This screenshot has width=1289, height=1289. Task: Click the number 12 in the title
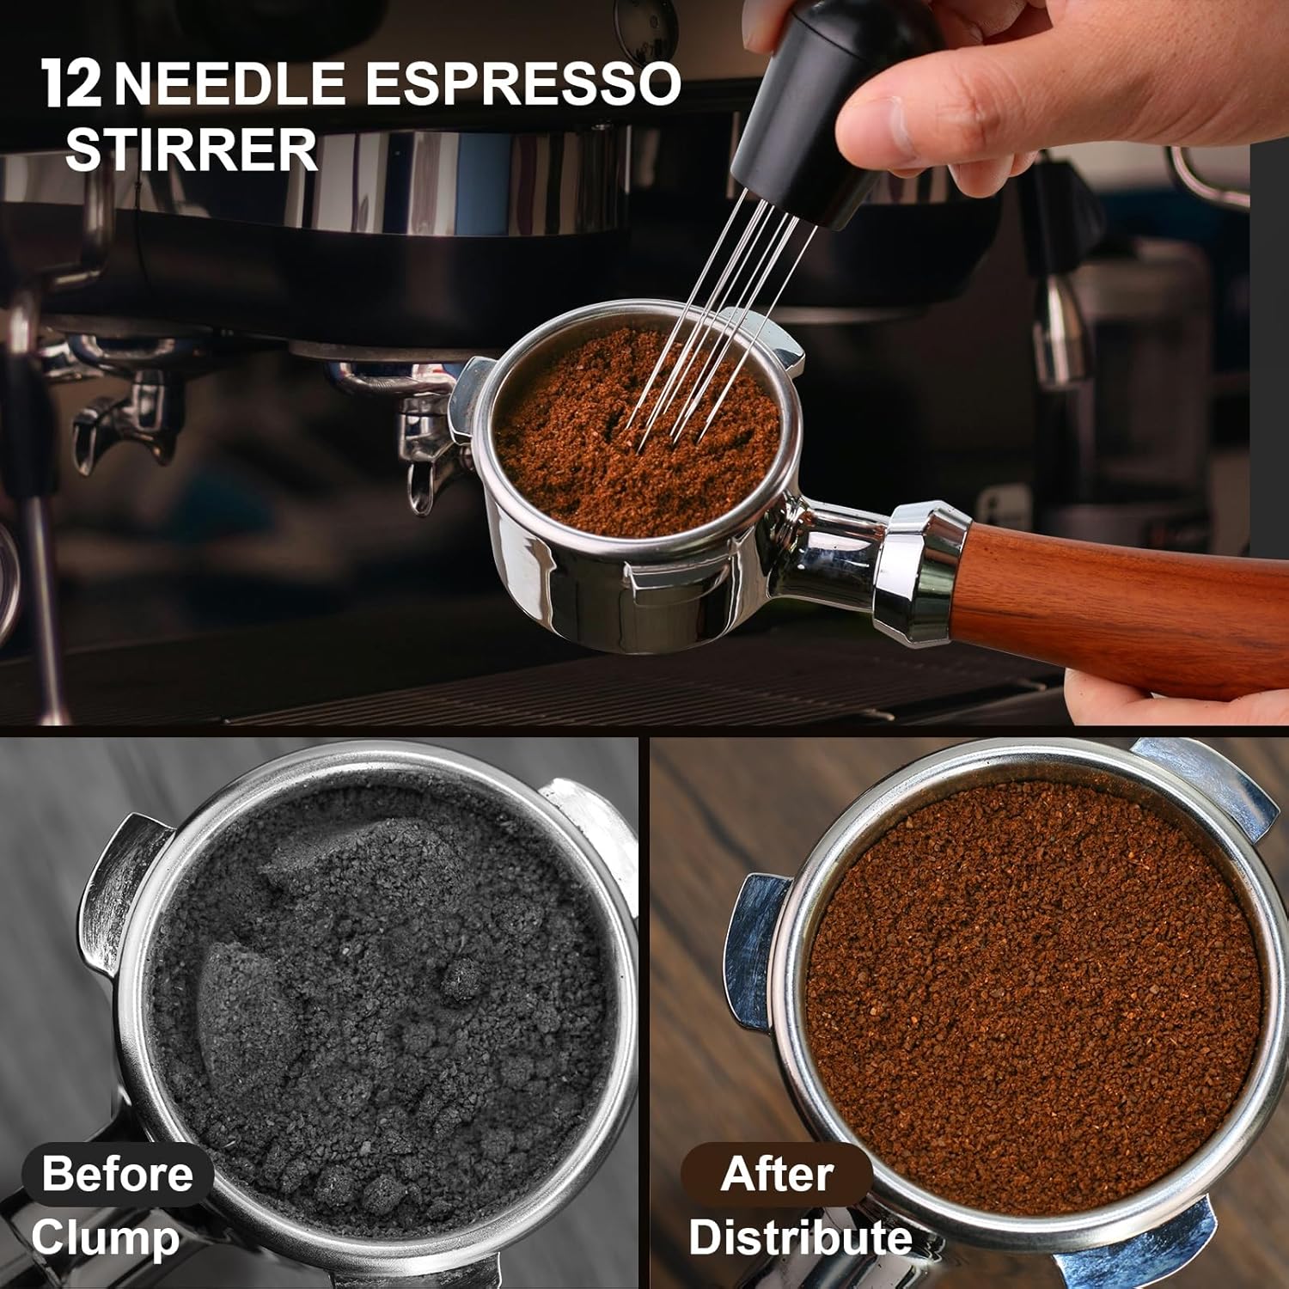coord(71,84)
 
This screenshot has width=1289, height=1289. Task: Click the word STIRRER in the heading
coord(191,150)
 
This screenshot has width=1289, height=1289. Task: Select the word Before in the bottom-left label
coord(117,1173)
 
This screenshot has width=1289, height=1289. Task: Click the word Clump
coord(105,1238)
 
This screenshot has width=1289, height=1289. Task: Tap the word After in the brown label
coord(777,1173)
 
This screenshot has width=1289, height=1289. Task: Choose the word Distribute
coord(800,1238)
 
